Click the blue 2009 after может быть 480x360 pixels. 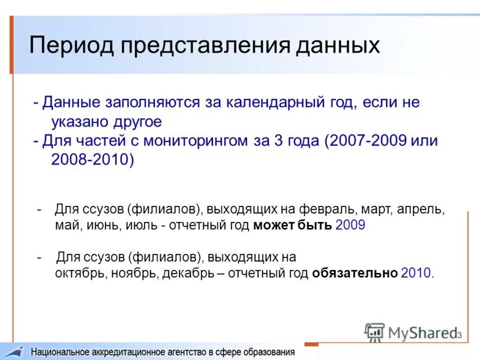point(350,226)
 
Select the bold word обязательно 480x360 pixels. point(355,273)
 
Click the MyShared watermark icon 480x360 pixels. point(375,332)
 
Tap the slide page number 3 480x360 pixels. point(459,335)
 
